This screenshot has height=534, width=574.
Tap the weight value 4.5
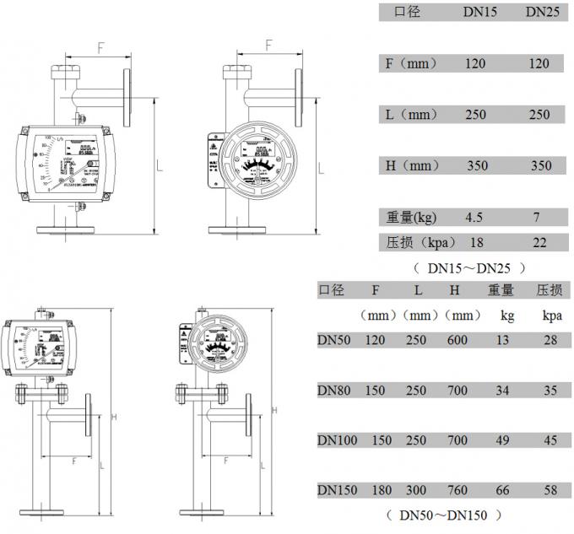474,218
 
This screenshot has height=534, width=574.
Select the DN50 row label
335,340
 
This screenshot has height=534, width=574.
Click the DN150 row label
338,490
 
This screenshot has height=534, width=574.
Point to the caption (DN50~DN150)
444,515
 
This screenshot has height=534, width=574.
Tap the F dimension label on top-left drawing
100,48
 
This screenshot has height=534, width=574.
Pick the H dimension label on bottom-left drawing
112,418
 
